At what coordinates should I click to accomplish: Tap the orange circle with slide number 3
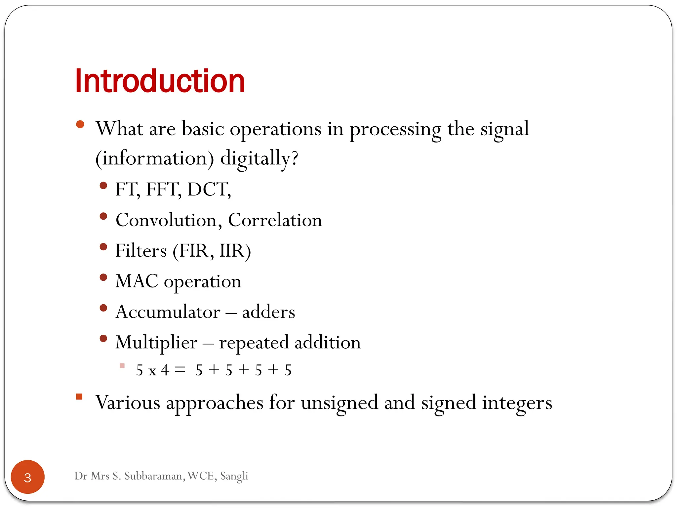(28, 477)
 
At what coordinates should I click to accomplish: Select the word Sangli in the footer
(234, 476)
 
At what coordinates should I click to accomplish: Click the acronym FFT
(163, 190)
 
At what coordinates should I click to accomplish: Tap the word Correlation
(275, 220)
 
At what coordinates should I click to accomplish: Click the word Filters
(141, 251)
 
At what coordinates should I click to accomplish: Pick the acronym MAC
(137, 281)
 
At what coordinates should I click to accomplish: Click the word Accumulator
(168, 312)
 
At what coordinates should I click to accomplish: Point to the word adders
(268, 312)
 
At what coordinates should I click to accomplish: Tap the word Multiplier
(156, 342)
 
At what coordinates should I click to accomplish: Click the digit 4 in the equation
(165, 370)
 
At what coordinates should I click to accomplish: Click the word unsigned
(339, 403)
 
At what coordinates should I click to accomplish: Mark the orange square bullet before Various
(79, 397)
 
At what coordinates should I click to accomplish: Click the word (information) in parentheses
(154, 158)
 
